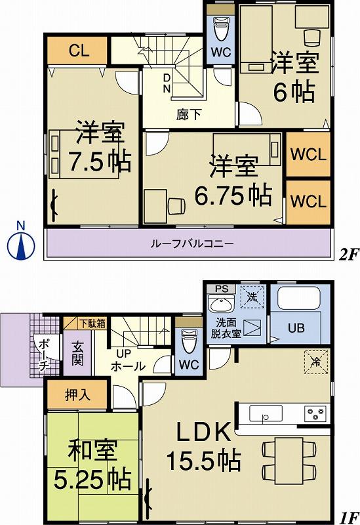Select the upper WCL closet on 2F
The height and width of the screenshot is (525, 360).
(308, 154)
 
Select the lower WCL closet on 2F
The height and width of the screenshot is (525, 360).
(308, 201)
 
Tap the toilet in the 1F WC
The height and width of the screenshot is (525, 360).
(189, 340)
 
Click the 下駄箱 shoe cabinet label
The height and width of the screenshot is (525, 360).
(92, 322)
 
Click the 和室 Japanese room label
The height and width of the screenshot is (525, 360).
(92, 451)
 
